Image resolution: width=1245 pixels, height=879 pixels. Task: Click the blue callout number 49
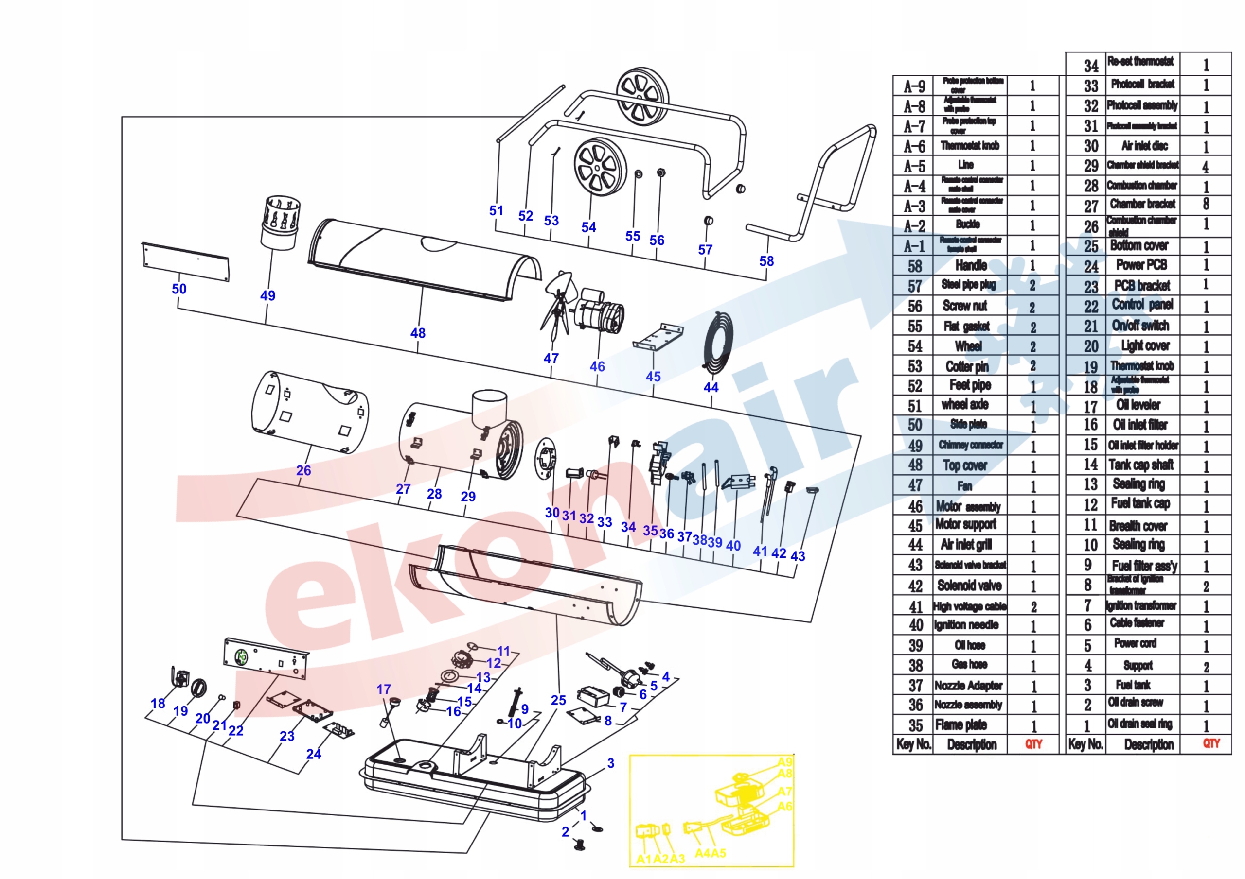[268, 295]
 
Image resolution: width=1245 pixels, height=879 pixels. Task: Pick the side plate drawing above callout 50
[185, 262]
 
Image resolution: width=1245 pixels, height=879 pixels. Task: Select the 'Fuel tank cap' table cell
[1140, 503]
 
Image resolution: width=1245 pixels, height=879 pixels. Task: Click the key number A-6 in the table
[914, 146]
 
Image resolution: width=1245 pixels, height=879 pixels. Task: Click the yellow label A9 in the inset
[784, 762]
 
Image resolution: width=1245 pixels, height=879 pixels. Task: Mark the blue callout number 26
[303, 470]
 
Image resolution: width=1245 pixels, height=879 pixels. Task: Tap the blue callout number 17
[384, 689]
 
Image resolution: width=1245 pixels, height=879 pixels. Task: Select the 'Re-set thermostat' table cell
[1140, 61]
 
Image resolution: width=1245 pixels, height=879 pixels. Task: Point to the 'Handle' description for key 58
[971, 265]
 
